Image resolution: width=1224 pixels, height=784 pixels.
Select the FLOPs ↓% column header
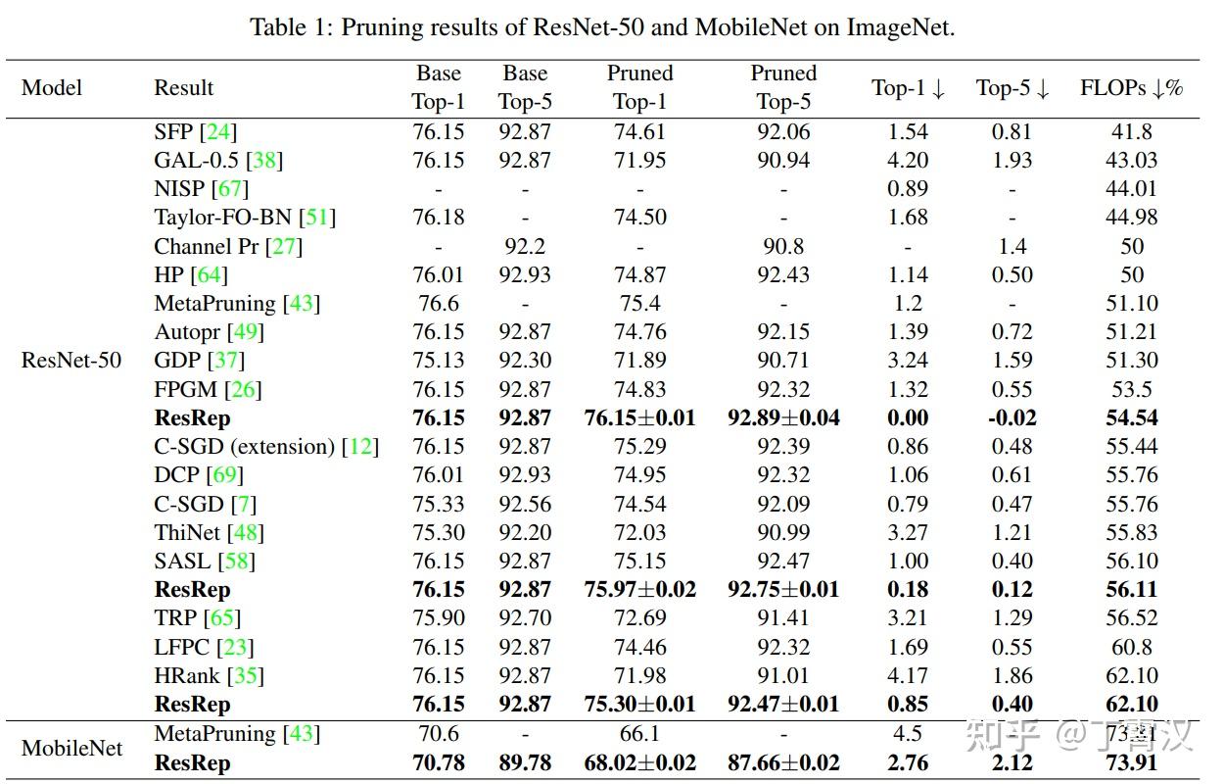(1131, 87)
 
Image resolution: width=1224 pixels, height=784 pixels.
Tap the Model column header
(52, 87)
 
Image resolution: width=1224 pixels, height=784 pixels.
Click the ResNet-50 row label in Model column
(71, 360)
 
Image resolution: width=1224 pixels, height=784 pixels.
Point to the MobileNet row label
(72, 748)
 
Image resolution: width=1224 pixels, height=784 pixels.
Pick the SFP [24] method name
(195, 131)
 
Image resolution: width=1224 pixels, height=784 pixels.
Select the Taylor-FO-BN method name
(222, 217)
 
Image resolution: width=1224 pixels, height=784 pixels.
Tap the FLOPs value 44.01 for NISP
(1131, 188)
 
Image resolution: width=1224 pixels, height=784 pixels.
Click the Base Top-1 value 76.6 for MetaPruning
(438, 303)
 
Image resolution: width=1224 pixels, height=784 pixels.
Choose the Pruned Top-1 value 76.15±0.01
(639, 417)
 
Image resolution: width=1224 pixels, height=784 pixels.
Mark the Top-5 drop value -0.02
(1012, 417)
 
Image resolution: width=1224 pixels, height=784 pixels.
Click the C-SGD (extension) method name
(245, 446)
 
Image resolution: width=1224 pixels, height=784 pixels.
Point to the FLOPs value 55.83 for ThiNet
(1131, 532)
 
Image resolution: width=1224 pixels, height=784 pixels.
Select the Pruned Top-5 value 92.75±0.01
(783, 589)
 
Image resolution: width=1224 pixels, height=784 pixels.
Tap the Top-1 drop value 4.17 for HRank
(908, 675)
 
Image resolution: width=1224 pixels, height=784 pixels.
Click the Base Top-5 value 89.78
(525, 761)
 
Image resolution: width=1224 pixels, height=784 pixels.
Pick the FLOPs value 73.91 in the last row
(1131, 761)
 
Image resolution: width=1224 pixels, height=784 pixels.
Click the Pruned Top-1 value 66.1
(639, 733)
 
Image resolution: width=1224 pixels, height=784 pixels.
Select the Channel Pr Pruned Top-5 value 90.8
(783, 246)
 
